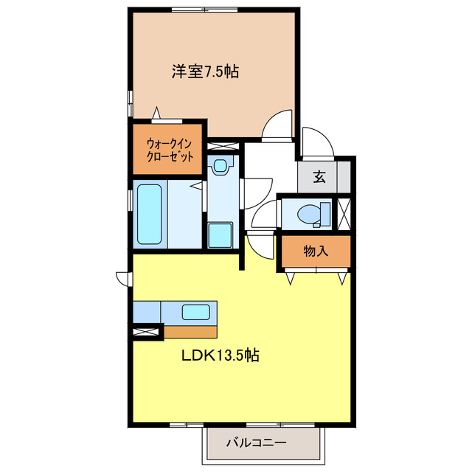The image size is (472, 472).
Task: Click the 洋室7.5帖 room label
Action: [206, 72]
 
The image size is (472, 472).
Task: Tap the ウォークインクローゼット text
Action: [170, 150]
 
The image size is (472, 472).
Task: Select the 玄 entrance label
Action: [319, 176]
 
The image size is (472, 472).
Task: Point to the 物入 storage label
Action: [316, 251]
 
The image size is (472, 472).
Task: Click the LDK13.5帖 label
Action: [220, 355]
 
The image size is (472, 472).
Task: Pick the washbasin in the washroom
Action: [220, 167]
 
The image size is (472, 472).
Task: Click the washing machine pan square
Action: [220, 235]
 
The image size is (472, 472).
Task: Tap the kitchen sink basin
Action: [195, 312]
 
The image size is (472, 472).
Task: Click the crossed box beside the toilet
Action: [343, 213]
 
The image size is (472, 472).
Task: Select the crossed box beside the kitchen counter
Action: [146, 333]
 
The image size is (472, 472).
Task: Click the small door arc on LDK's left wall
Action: [122, 277]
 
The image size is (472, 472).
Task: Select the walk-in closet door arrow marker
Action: [158, 114]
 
